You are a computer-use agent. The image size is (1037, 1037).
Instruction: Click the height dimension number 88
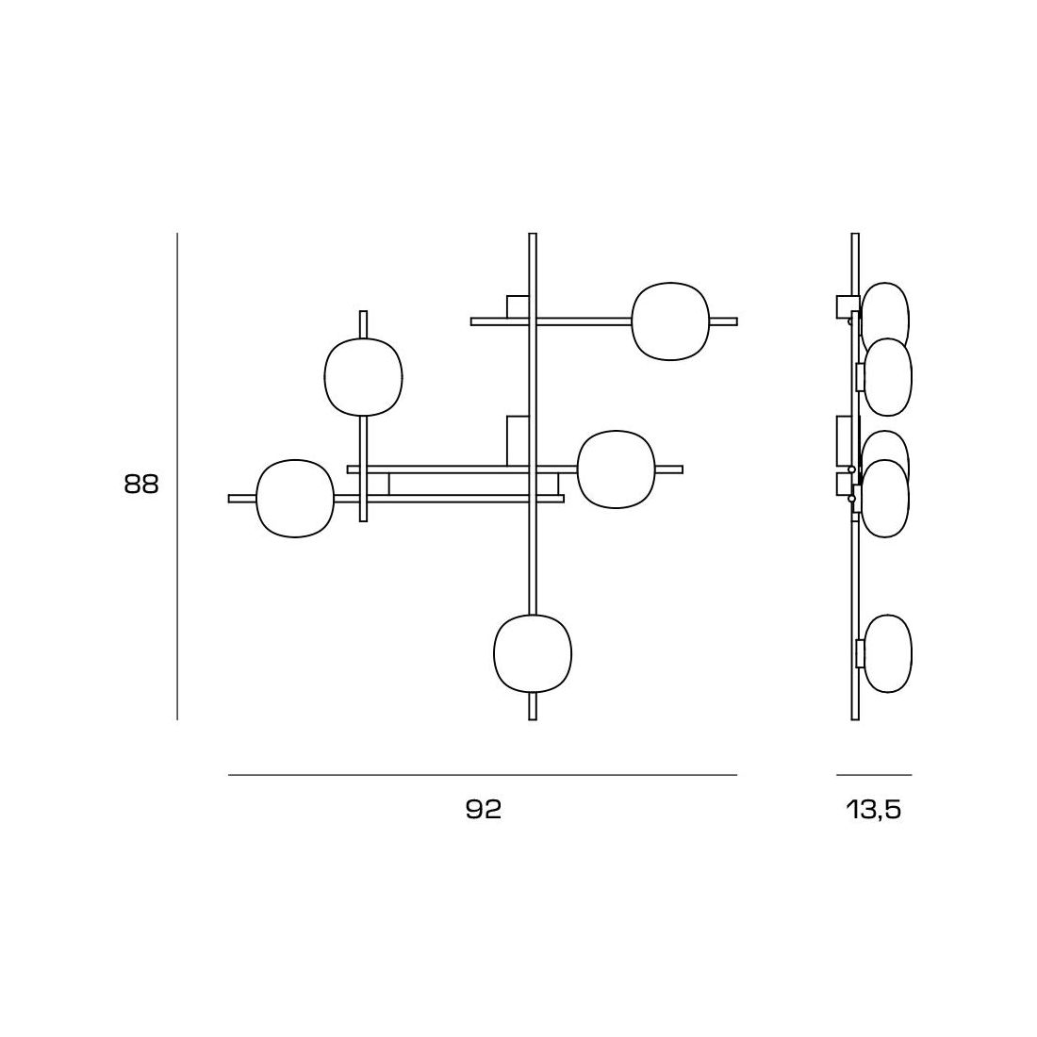(141, 485)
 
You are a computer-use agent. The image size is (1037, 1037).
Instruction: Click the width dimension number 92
(484, 810)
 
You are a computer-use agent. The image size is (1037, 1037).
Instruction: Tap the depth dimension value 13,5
(874, 810)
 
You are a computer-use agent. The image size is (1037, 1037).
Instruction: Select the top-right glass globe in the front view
(670, 321)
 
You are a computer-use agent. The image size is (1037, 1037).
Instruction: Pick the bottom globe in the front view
(533, 654)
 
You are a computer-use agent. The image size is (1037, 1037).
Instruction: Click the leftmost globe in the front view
(295, 498)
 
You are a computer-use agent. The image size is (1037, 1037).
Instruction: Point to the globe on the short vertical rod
(363, 377)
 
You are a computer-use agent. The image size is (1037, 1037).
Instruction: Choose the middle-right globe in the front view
(616, 469)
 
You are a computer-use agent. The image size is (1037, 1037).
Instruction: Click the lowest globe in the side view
(887, 654)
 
